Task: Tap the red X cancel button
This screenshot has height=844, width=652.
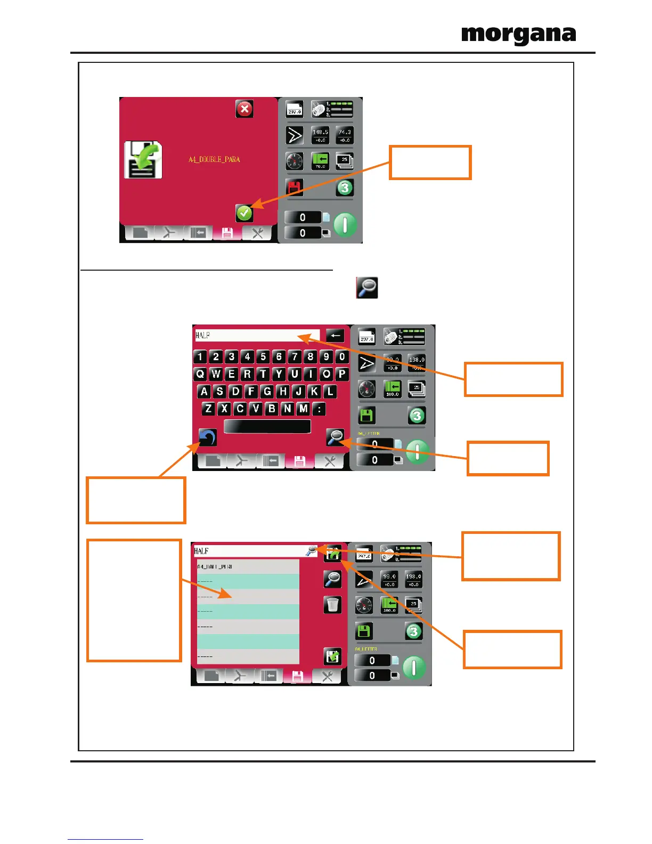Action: click(244, 109)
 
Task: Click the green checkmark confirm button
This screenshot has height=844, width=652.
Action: click(244, 213)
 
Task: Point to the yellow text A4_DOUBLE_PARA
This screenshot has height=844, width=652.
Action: click(214, 159)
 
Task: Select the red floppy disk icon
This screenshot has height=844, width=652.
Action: click(295, 188)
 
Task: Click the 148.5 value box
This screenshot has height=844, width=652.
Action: click(320, 135)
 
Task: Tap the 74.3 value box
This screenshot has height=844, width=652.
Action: click(345, 135)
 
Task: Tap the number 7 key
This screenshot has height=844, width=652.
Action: click(295, 356)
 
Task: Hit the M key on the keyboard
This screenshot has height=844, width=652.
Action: click(303, 409)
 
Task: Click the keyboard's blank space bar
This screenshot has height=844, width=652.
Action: click(267, 427)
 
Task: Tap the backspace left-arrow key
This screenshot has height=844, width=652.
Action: click(335, 336)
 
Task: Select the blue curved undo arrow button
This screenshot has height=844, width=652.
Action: click(208, 437)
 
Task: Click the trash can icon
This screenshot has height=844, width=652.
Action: click(332, 605)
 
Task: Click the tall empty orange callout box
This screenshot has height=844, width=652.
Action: click(134, 600)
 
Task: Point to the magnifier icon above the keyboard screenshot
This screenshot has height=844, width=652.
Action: click(367, 288)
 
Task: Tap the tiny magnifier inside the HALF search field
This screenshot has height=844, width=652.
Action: click(311, 551)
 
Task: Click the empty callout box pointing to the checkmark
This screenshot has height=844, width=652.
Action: click(430, 163)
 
